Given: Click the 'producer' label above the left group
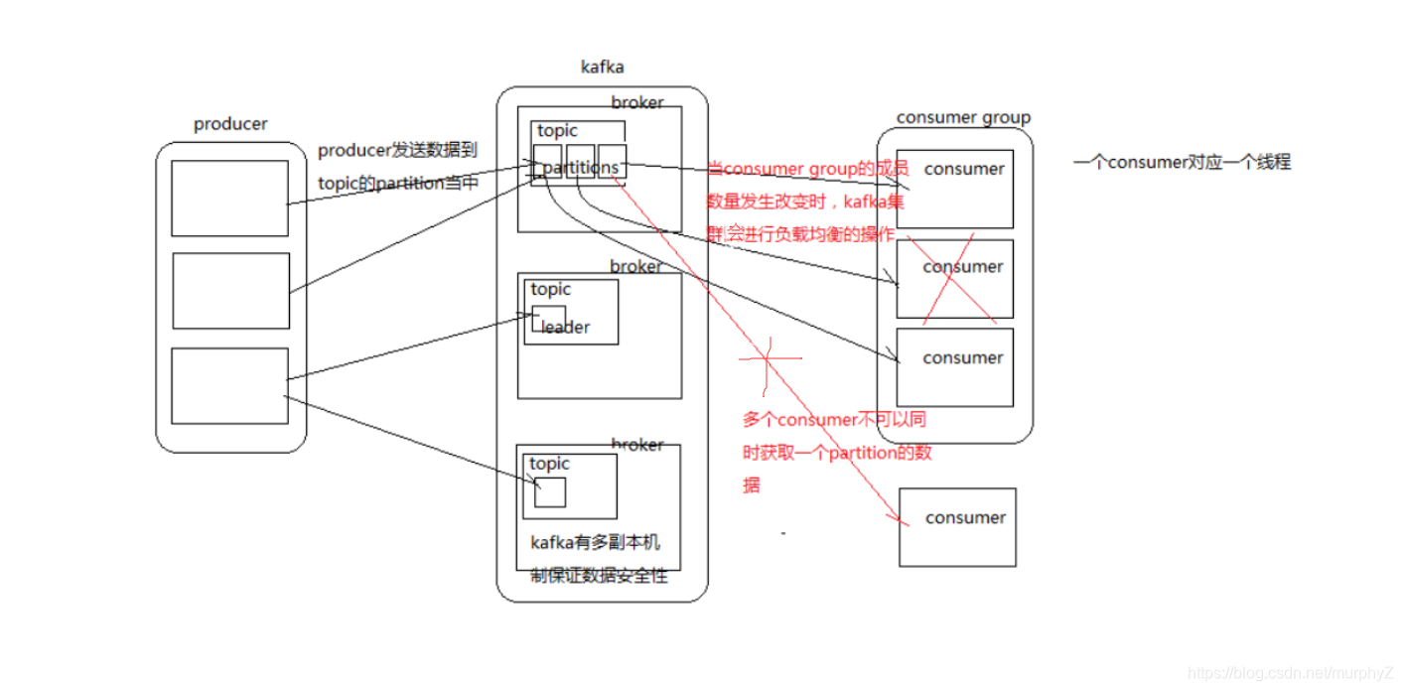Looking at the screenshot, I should tap(230, 124).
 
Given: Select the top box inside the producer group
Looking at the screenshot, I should tap(229, 199).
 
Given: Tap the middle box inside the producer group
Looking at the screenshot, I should tap(230, 291).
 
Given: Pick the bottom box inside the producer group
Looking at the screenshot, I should tap(229, 385).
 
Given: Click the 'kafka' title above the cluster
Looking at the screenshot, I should tap(602, 68).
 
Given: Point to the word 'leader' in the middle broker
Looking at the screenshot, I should tap(565, 328).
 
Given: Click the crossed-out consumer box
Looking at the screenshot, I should tap(955, 279).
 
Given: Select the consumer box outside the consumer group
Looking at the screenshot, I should tap(957, 527).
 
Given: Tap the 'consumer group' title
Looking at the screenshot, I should tap(963, 117).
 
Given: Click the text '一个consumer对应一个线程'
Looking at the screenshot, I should tap(1182, 162).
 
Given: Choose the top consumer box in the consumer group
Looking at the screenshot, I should tap(955, 189).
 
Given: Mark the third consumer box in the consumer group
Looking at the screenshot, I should tap(955, 367).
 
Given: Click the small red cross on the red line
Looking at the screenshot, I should tap(768, 357).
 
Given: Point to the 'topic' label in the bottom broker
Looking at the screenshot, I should tap(549, 464).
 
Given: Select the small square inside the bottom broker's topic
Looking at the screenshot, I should tap(550, 492).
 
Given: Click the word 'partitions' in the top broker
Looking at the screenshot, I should tap(581, 168).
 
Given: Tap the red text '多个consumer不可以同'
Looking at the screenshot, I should tap(834, 420).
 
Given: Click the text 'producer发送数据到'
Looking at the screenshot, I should tap(397, 151).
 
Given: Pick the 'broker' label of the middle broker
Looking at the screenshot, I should tap(635, 267).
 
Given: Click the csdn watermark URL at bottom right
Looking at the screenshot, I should tap(1291, 674).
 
